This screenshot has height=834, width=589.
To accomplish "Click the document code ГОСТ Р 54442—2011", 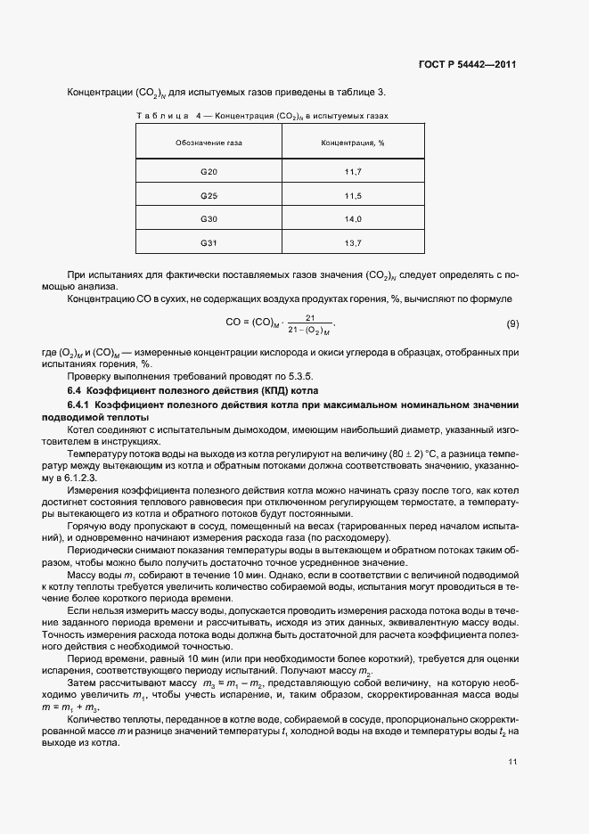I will (467, 65).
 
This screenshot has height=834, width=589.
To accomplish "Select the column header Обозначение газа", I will (209, 142).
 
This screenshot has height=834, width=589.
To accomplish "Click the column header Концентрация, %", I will (353, 142).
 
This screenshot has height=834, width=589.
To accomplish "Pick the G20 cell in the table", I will (209, 171).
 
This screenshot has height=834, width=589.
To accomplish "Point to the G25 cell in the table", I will (209, 195).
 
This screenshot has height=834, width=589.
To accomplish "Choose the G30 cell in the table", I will (209, 219).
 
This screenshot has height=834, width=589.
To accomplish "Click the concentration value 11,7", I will (353, 171).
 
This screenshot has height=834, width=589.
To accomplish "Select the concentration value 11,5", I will (353, 195).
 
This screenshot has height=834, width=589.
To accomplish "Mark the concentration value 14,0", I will (353, 219).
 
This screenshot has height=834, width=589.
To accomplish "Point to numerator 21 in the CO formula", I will (309, 317).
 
